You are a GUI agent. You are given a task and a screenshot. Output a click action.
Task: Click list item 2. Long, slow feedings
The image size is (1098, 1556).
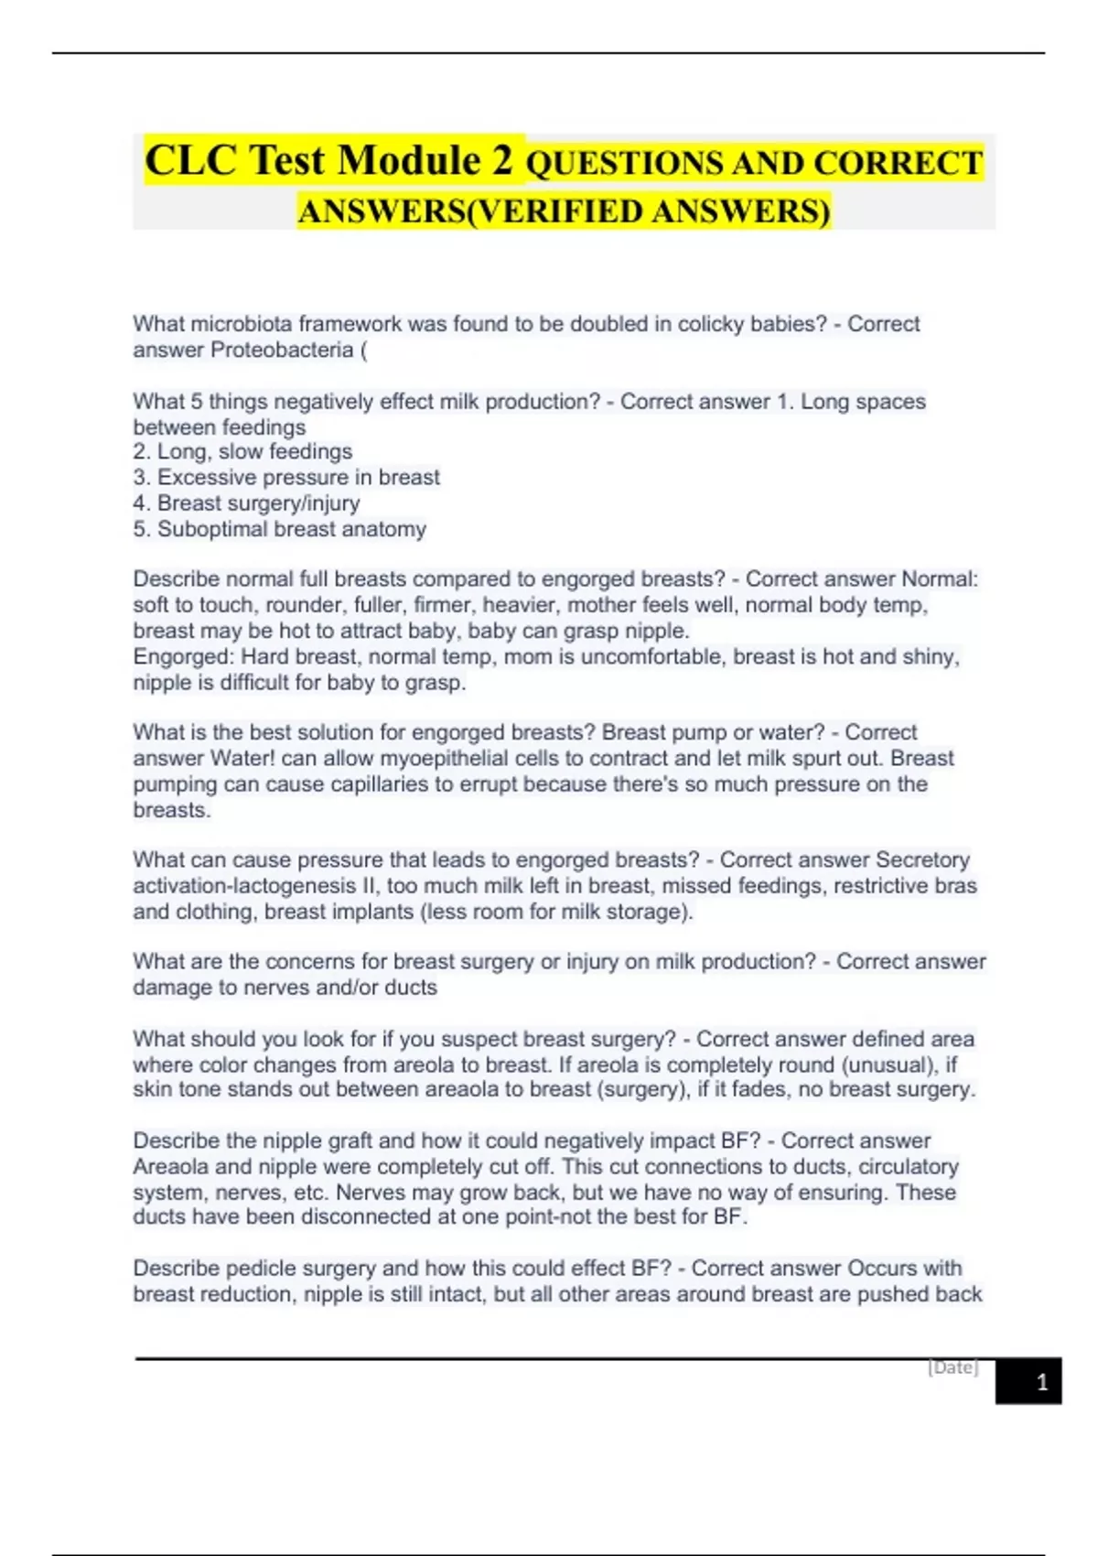(x=242, y=451)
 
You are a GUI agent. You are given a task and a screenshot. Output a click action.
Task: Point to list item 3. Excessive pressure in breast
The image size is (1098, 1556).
(x=286, y=477)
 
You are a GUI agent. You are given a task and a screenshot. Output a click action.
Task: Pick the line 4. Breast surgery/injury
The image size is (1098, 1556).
(x=246, y=502)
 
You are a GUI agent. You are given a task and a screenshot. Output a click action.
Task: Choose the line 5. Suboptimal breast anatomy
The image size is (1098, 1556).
(x=279, y=529)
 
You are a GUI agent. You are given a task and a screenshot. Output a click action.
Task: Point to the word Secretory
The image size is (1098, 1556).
(x=922, y=859)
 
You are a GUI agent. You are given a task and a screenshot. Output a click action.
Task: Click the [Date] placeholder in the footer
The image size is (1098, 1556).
(x=953, y=1367)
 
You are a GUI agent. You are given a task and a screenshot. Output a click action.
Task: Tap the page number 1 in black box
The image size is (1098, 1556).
(x=1041, y=1382)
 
